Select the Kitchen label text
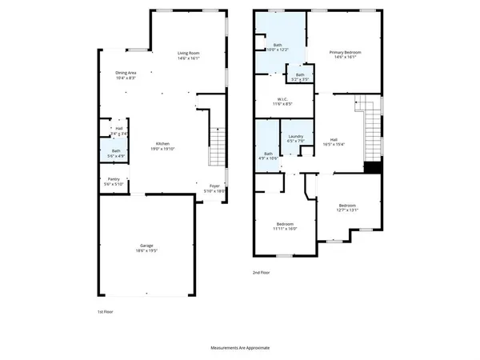pos(162,145)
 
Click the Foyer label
pos(210,188)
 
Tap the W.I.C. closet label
pos(283,101)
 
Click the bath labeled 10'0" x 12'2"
pos(276,47)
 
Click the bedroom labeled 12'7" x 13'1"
pos(347,208)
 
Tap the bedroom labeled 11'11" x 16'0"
pos(286,226)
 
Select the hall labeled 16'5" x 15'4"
pos(334,142)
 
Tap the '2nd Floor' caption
pos(261,272)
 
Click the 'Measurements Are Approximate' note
pos(240,348)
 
